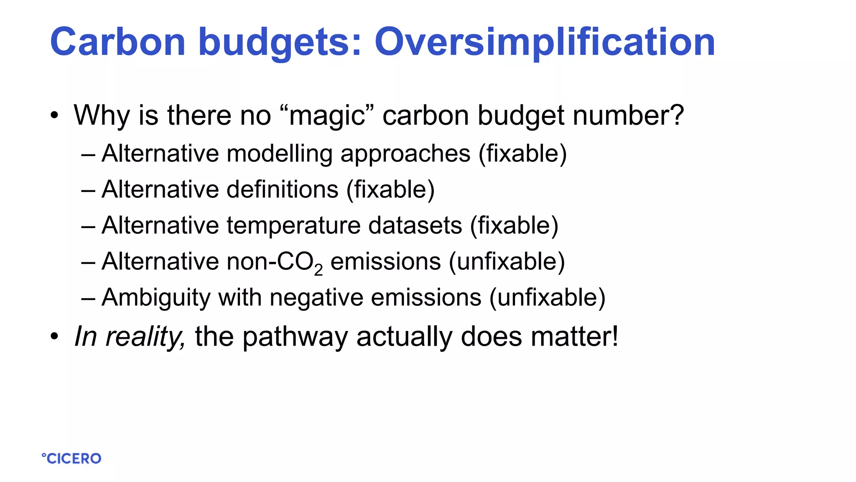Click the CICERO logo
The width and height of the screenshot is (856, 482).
[71, 458]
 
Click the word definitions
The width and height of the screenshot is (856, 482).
[282, 190]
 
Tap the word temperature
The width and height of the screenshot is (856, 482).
[293, 226]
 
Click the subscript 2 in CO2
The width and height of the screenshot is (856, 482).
[318, 270]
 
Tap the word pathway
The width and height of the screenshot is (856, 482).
[295, 337]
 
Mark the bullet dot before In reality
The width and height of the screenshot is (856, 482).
[54, 336]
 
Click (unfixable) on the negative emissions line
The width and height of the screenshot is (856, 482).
[547, 297]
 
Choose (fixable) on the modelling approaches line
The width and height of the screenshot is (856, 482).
[522, 154]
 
